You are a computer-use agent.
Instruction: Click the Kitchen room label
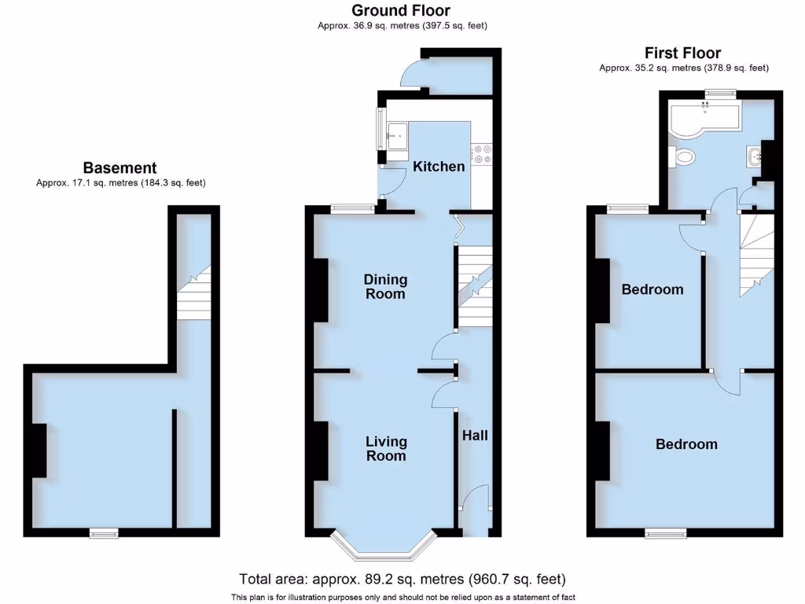click(x=439, y=167)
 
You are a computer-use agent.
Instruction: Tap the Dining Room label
click(x=385, y=286)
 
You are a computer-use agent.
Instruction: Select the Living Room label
click(x=385, y=448)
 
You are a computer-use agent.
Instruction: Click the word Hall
click(x=475, y=435)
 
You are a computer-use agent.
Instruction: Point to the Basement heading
click(x=120, y=168)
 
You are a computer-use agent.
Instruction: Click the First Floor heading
click(x=682, y=53)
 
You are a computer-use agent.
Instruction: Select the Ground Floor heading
click(x=401, y=10)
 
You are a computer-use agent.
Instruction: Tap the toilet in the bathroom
click(x=684, y=158)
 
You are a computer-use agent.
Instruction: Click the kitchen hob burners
click(x=482, y=153)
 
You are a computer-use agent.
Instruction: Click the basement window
click(x=104, y=533)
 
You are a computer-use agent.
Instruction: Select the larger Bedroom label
click(x=686, y=444)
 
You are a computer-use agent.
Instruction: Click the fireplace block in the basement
click(x=39, y=450)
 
